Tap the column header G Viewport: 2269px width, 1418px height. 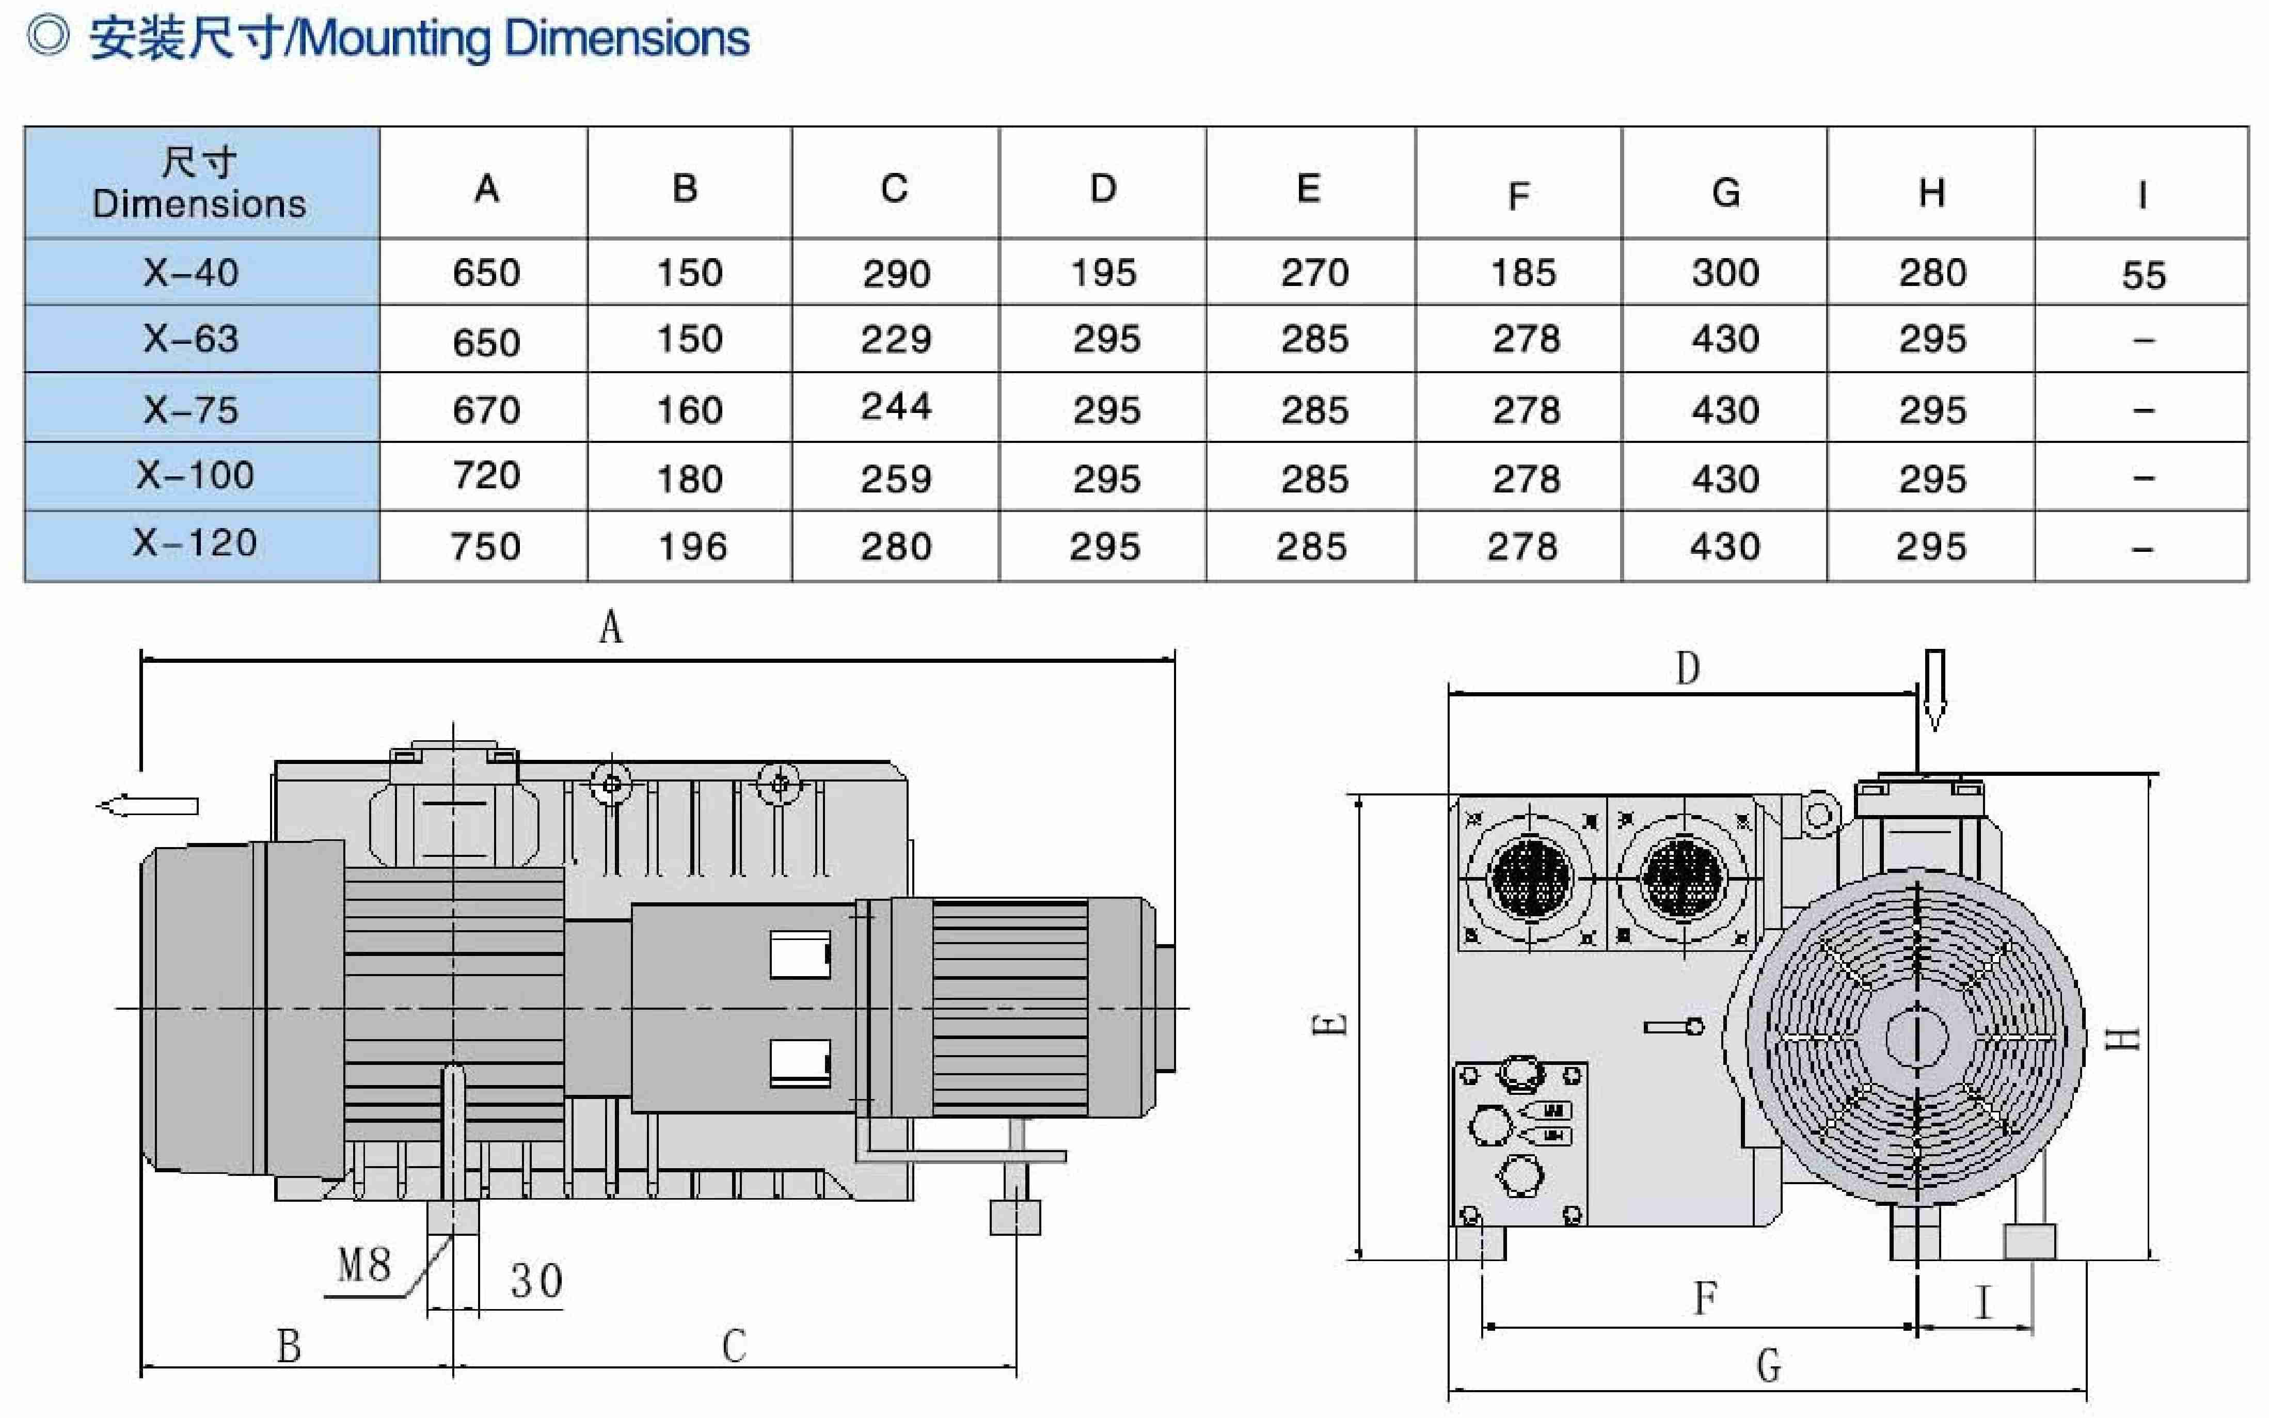[x=1726, y=192]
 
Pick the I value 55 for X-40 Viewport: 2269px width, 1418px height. [x=2144, y=275]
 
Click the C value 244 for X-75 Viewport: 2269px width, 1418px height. [x=896, y=406]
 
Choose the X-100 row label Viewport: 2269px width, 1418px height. [x=195, y=475]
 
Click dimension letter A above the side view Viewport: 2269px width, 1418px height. [x=611, y=627]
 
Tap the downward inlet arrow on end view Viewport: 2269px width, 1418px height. [x=1934, y=689]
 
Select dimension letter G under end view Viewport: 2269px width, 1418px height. [x=1768, y=1365]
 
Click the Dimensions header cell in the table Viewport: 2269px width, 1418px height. [x=200, y=183]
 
